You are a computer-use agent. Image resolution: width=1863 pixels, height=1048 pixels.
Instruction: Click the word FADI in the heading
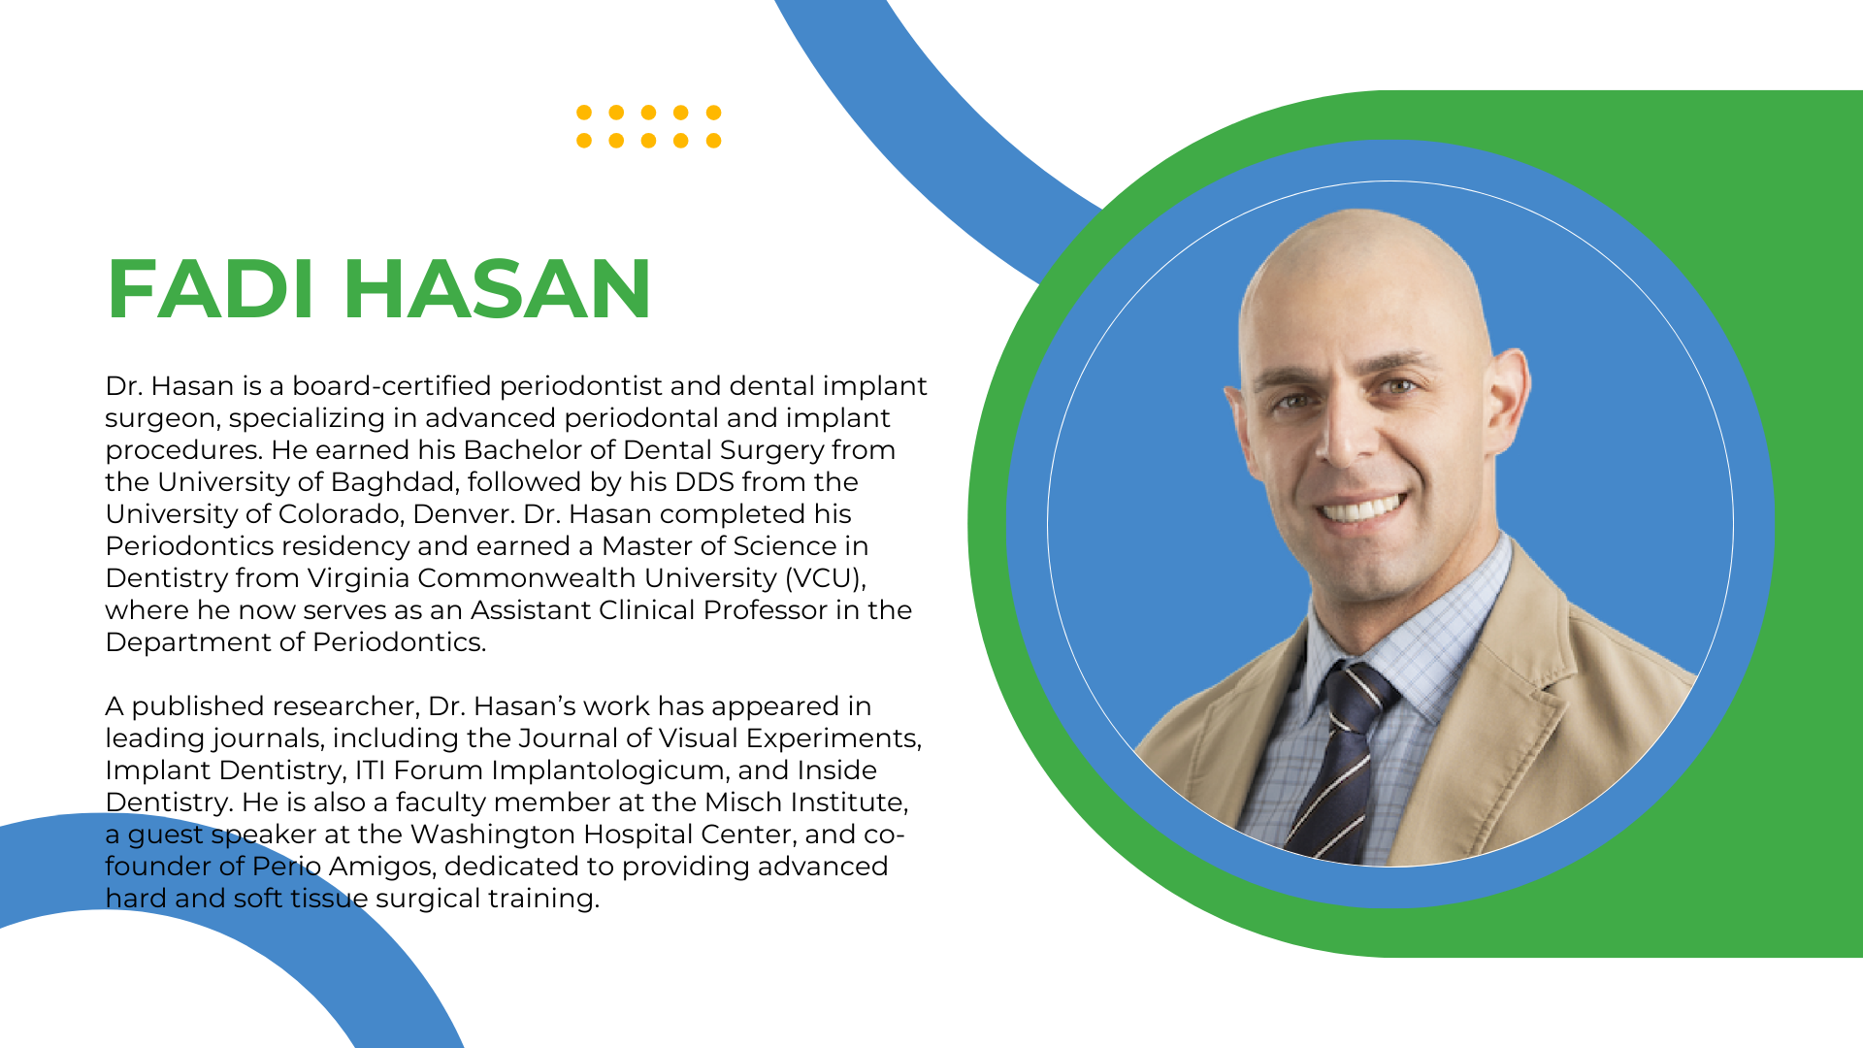pyautogui.click(x=211, y=288)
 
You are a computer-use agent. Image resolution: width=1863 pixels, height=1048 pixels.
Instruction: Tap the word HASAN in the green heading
pyautogui.click(x=497, y=288)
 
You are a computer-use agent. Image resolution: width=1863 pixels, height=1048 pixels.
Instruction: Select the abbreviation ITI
pyautogui.click(x=371, y=770)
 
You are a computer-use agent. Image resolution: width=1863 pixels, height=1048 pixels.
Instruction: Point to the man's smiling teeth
pyautogui.click(x=1362, y=508)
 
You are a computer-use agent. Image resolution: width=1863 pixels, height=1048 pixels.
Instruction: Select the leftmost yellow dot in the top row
pyautogui.click(x=584, y=113)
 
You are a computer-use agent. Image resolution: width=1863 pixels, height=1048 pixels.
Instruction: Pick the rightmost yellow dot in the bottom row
pyautogui.click(x=713, y=141)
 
